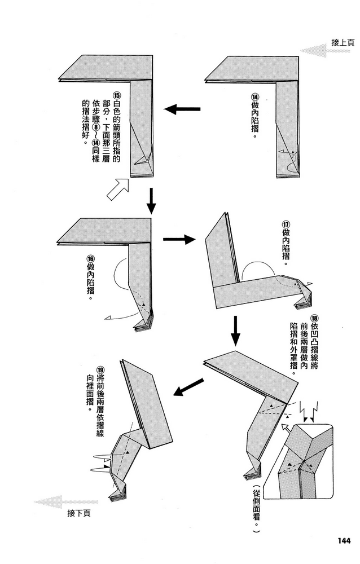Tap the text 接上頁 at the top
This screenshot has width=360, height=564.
(343, 42)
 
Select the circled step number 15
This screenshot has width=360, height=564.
(117, 96)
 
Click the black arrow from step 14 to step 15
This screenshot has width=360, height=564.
(182, 109)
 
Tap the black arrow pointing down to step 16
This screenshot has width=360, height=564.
(151, 201)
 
